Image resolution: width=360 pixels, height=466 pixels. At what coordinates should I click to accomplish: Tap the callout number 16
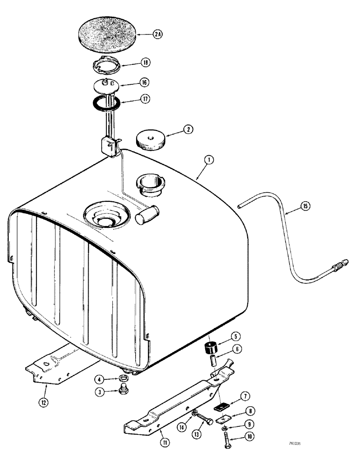point(144,82)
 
